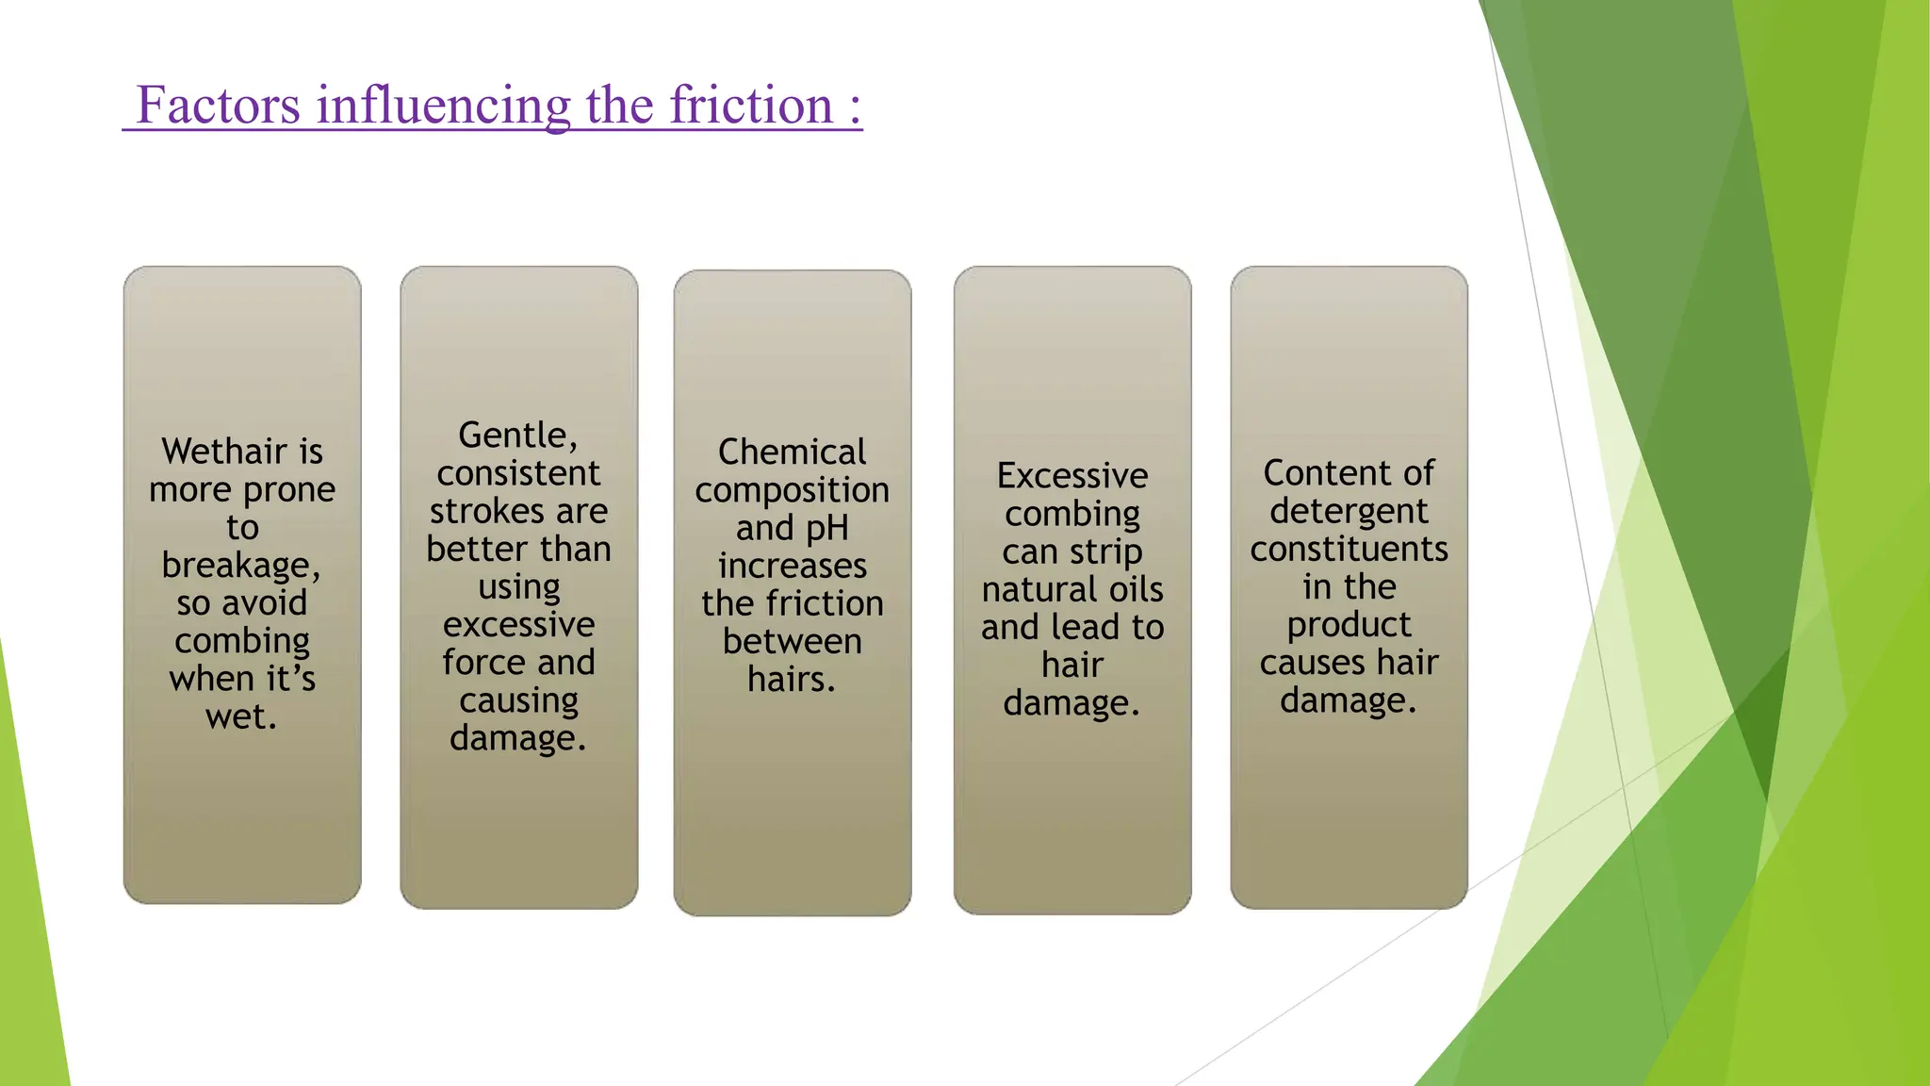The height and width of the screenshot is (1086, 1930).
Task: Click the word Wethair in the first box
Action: point(215,452)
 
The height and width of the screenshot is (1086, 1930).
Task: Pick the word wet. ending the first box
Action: point(241,716)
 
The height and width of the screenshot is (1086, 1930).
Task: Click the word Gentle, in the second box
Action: point(518,436)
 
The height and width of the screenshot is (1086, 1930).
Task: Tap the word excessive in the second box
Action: point(518,624)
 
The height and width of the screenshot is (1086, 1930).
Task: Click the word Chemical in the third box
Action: point(792,452)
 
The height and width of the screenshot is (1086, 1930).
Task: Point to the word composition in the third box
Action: point(792,490)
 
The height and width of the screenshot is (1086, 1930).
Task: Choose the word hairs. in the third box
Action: point(792,679)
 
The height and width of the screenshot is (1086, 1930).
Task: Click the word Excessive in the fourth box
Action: point(1072,475)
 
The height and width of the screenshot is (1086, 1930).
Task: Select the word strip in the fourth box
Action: point(1106,551)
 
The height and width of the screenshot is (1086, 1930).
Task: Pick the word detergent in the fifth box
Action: point(1349,511)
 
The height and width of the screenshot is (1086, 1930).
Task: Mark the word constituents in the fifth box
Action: point(1349,549)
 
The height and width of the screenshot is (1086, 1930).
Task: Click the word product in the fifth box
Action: point(1349,625)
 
